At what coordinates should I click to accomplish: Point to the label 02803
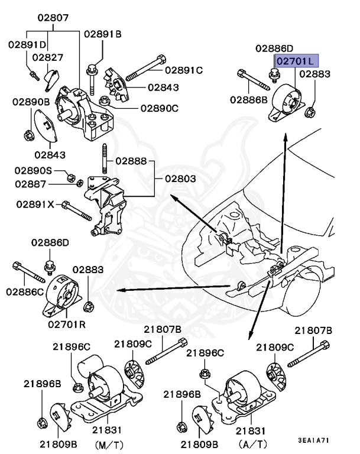pyautogui.click(x=179, y=177)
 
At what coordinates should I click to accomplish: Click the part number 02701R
pyautogui.click(x=67, y=325)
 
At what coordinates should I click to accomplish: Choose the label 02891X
pyautogui.click(x=35, y=204)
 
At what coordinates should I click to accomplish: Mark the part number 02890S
pyautogui.click(x=34, y=170)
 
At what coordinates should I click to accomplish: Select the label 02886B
pyautogui.click(x=249, y=100)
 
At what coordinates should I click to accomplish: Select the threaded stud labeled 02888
pyautogui.click(x=105, y=160)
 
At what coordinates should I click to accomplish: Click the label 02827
pyautogui.click(x=47, y=57)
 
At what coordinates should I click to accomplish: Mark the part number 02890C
pyautogui.click(x=159, y=108)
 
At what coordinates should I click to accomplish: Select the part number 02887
pyautogui.click(x=34, y=184)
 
